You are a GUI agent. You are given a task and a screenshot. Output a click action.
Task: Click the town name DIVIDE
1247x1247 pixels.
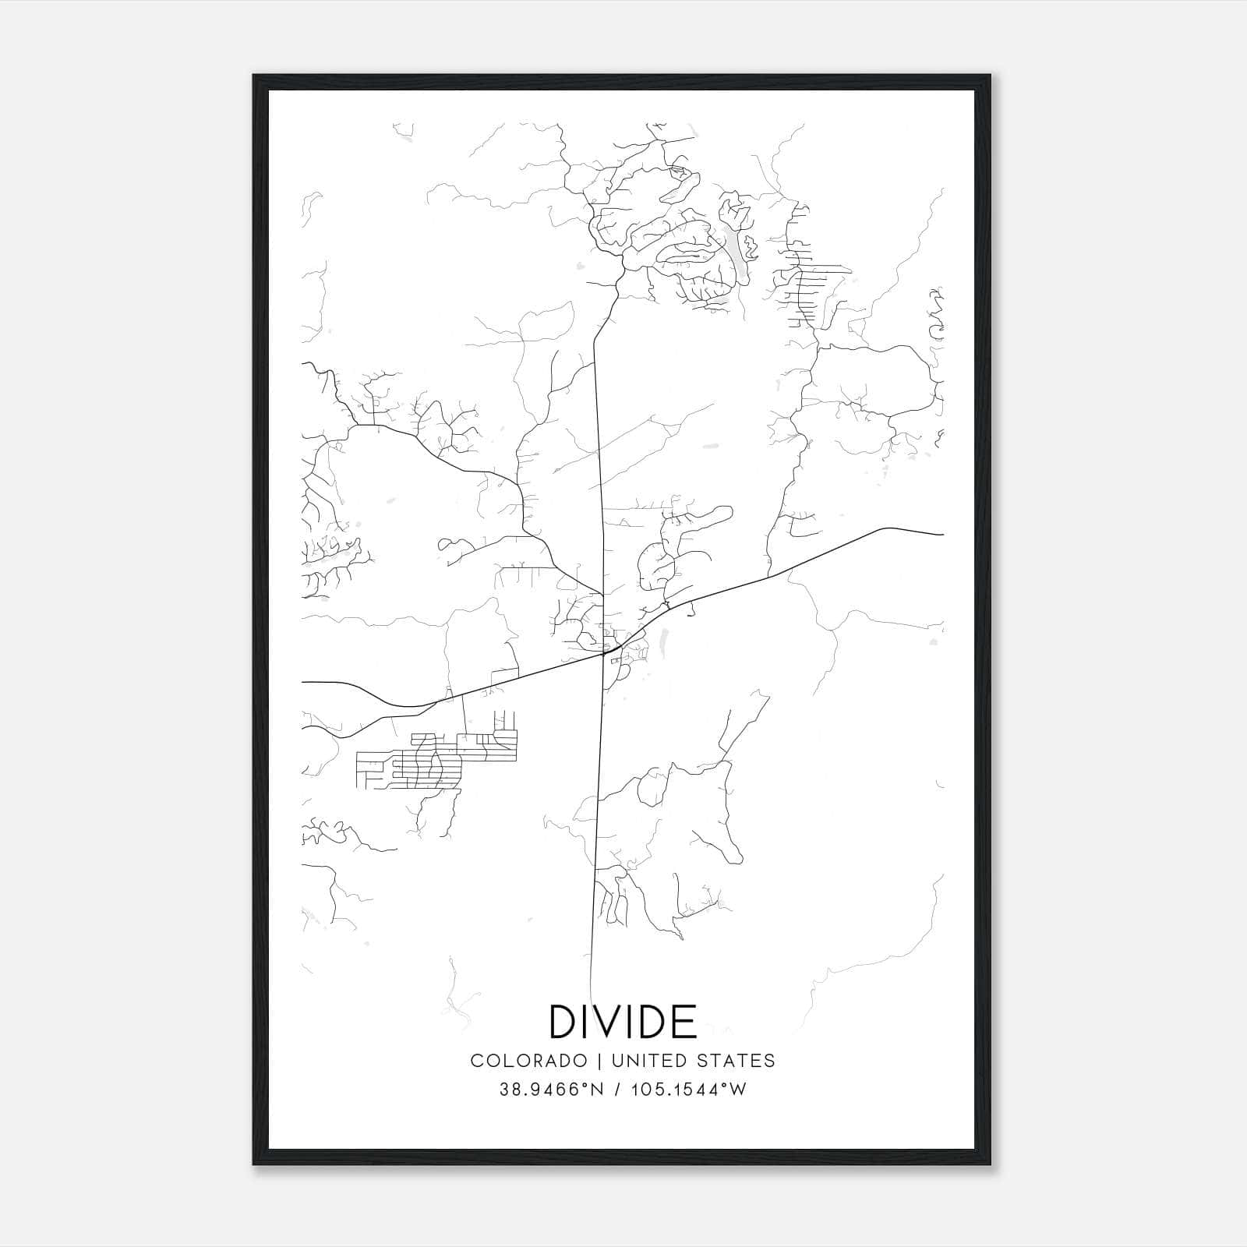pos(623,1021)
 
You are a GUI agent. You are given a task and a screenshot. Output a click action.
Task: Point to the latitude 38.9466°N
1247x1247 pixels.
pos(552,1090)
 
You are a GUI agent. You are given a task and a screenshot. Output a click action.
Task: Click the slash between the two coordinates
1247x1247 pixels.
pos(616,1090)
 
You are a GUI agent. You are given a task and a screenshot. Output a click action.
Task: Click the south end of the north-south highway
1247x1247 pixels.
pos(591,1001)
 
